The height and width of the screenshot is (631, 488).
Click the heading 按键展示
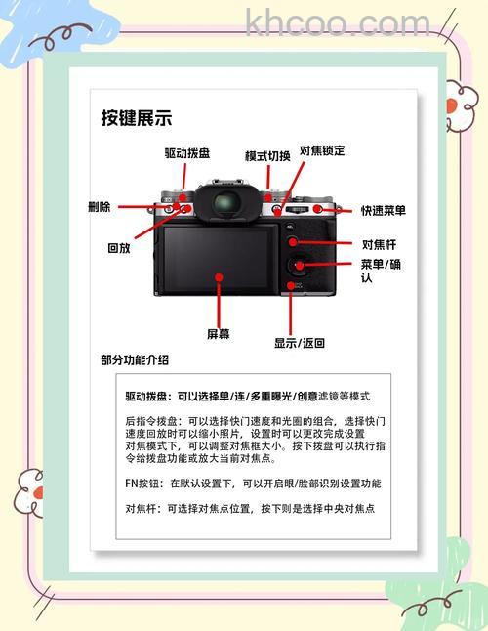(137, 118)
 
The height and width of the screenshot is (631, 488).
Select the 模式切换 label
(267, 156)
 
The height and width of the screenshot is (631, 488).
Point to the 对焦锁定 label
(321, 150)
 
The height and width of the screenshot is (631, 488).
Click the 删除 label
(99, 207)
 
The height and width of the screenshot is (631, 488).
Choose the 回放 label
(119, 248)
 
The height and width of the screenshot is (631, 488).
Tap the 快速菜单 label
(383, 210)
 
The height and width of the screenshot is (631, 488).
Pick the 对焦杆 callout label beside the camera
(380, 244)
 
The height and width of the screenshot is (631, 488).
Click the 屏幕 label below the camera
(219, 334)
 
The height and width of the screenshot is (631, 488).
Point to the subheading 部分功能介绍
(135, 359)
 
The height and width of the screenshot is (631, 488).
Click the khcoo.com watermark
(337, 22)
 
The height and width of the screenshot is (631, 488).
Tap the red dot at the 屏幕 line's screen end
(220, 277)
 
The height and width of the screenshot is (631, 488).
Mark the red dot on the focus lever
(292, 241)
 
